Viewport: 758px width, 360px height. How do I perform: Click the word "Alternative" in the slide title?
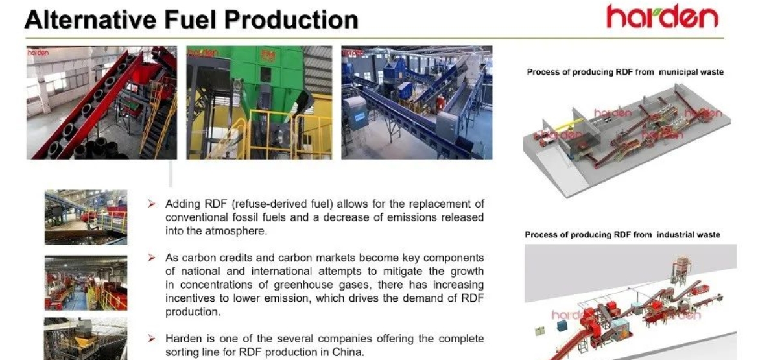click(90, 19)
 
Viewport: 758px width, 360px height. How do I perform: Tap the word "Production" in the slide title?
click(292, 19)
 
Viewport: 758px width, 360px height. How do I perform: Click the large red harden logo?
click(662, 16)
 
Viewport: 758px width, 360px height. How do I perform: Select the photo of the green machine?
click(259, 102)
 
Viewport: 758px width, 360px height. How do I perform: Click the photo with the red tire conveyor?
click(102, 102)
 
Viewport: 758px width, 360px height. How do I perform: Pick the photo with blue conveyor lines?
click(417, 102)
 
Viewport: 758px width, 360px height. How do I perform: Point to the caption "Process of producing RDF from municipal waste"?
click(625, 72)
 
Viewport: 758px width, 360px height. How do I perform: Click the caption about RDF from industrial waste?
click(622, 235)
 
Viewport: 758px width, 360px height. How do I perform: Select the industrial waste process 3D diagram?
click(631, 302)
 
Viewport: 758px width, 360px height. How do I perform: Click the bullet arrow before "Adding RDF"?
click(152, 204)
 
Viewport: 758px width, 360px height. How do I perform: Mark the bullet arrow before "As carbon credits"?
click(152, 258)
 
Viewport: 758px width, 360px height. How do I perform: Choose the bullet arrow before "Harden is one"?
click(152, 338)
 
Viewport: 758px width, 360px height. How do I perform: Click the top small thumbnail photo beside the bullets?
click(86, 217)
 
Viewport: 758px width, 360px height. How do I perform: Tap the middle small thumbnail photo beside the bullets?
click(86, 283)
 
